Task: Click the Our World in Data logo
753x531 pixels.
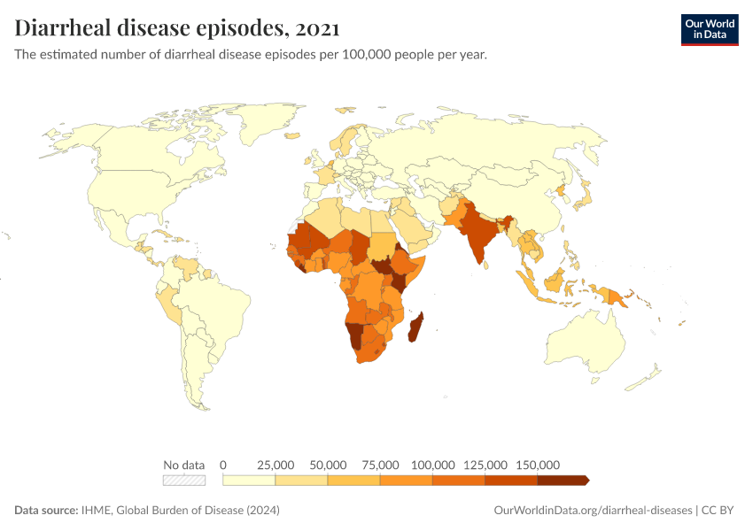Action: pos(709,29)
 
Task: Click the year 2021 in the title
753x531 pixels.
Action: pos(313,28)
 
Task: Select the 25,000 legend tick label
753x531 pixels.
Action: pos(276,465)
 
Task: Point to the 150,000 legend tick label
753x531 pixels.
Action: pos(538,465)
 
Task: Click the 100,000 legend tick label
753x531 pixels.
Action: pos(433,465)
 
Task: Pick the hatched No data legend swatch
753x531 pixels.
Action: pos(184,481)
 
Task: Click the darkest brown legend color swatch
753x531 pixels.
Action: pos(562,481)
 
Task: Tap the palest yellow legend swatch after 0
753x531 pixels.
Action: pos(249,481)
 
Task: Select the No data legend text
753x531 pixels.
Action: pos(184,465)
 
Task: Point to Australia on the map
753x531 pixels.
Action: pos(589,341)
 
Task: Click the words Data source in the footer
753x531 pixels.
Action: pos(45,511)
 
